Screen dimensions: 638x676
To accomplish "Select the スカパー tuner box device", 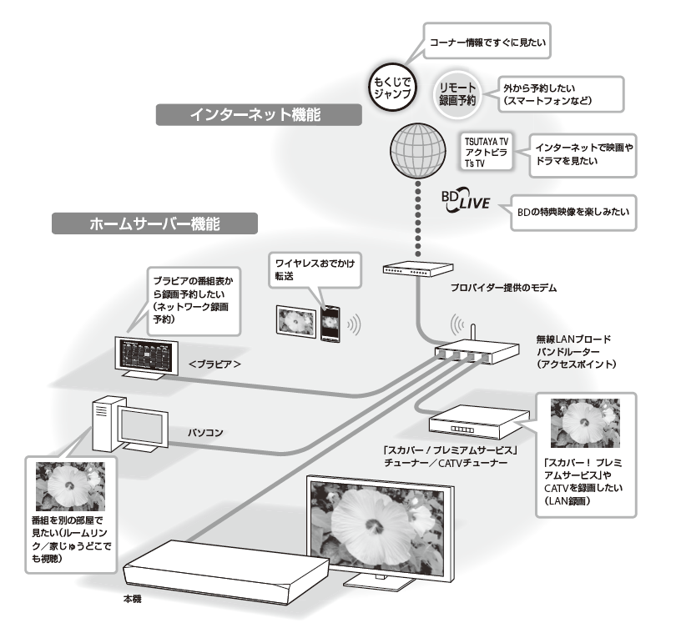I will (479, 421).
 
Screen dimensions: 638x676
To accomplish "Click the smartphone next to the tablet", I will (330, 321).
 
